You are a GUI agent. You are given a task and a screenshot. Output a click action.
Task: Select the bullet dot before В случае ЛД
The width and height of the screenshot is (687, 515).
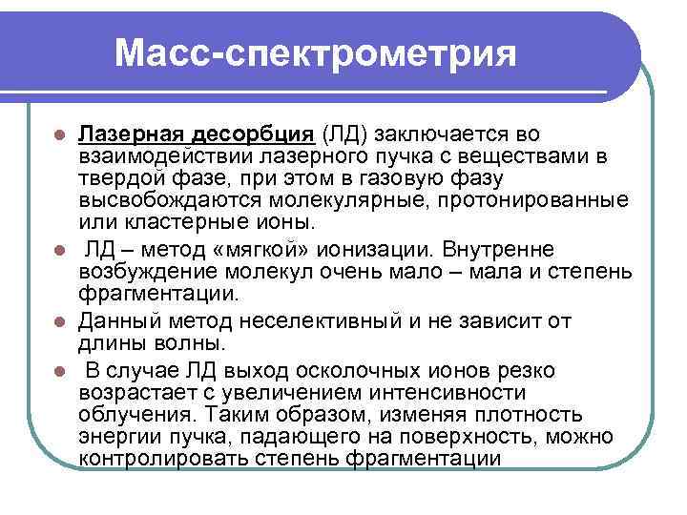[59, 371]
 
